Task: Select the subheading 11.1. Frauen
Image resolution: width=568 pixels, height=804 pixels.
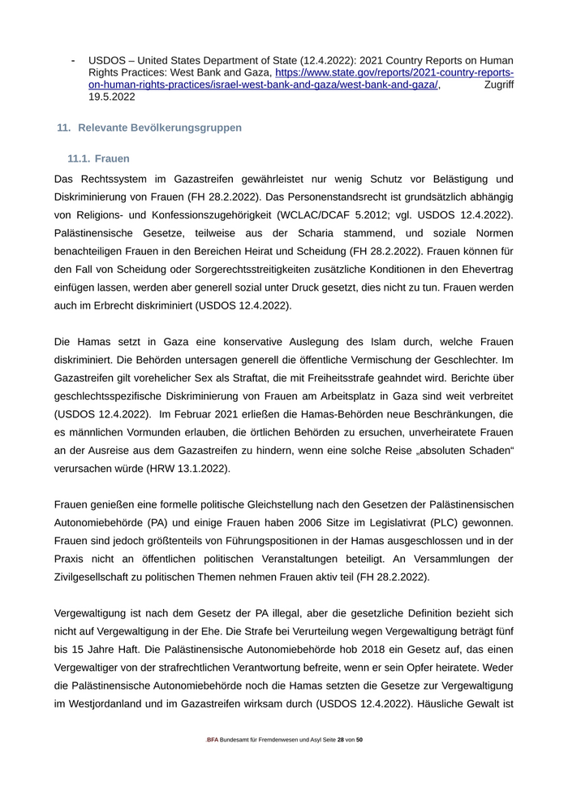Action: pyautogui.click(x=98, y=158)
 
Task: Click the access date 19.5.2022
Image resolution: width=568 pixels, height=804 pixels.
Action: pyautogui.click(x=112, y=97)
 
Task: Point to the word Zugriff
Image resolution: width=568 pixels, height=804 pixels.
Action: pyautogui.click(x=498, y=84)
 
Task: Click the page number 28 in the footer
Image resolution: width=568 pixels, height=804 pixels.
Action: pyautogui.click(x=341, y=741)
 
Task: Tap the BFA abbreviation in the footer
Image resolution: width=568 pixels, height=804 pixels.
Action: pyautogui.click(x=213, y=741)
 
